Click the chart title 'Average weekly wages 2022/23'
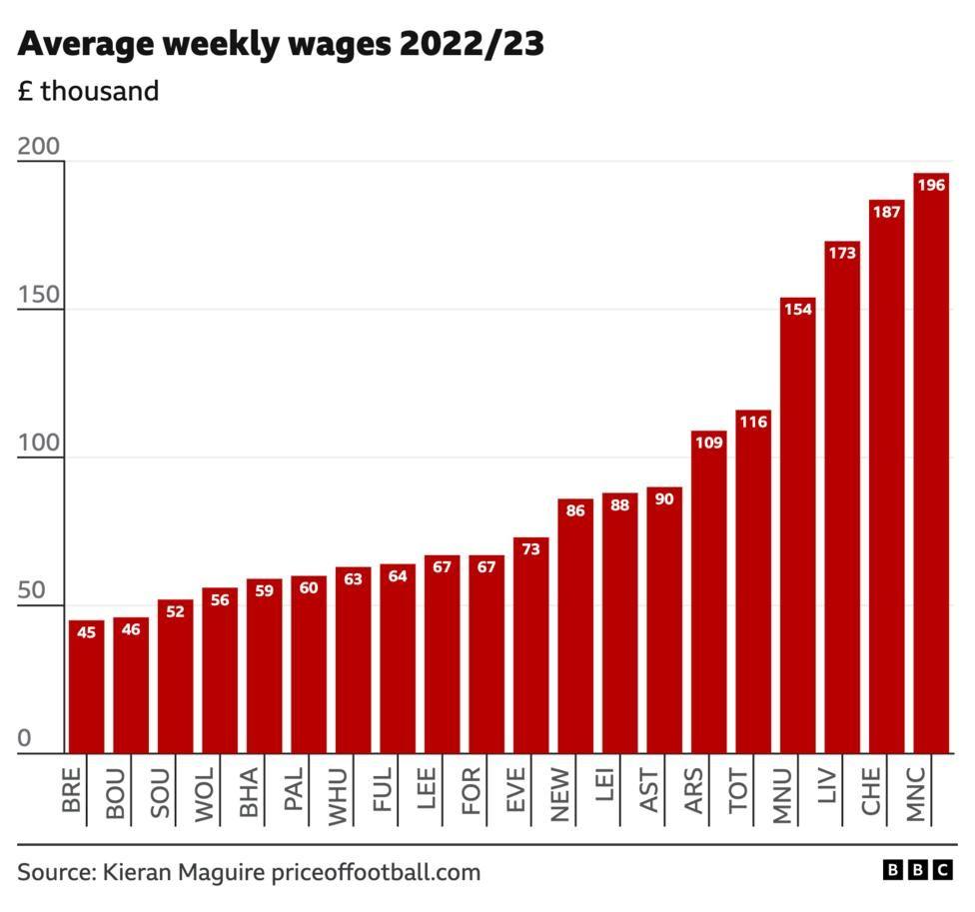tap(281, 45)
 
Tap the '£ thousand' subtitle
tap(88, 91)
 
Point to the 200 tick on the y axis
tap(39, 147)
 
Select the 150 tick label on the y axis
tap(39, 296)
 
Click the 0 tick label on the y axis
tap(25, 739)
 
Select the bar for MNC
tap(930, 464)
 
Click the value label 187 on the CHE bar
tap(886, 211)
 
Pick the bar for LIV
tap(842, 499)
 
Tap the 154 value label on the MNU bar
tap(797, 309)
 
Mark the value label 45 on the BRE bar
tap(87, 631)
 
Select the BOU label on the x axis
tap(117, 794)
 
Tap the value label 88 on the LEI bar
tap(619, 504)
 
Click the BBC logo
tap(918, 871)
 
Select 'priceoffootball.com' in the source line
tap(376, 872)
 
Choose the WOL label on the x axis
tap(206, 794)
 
